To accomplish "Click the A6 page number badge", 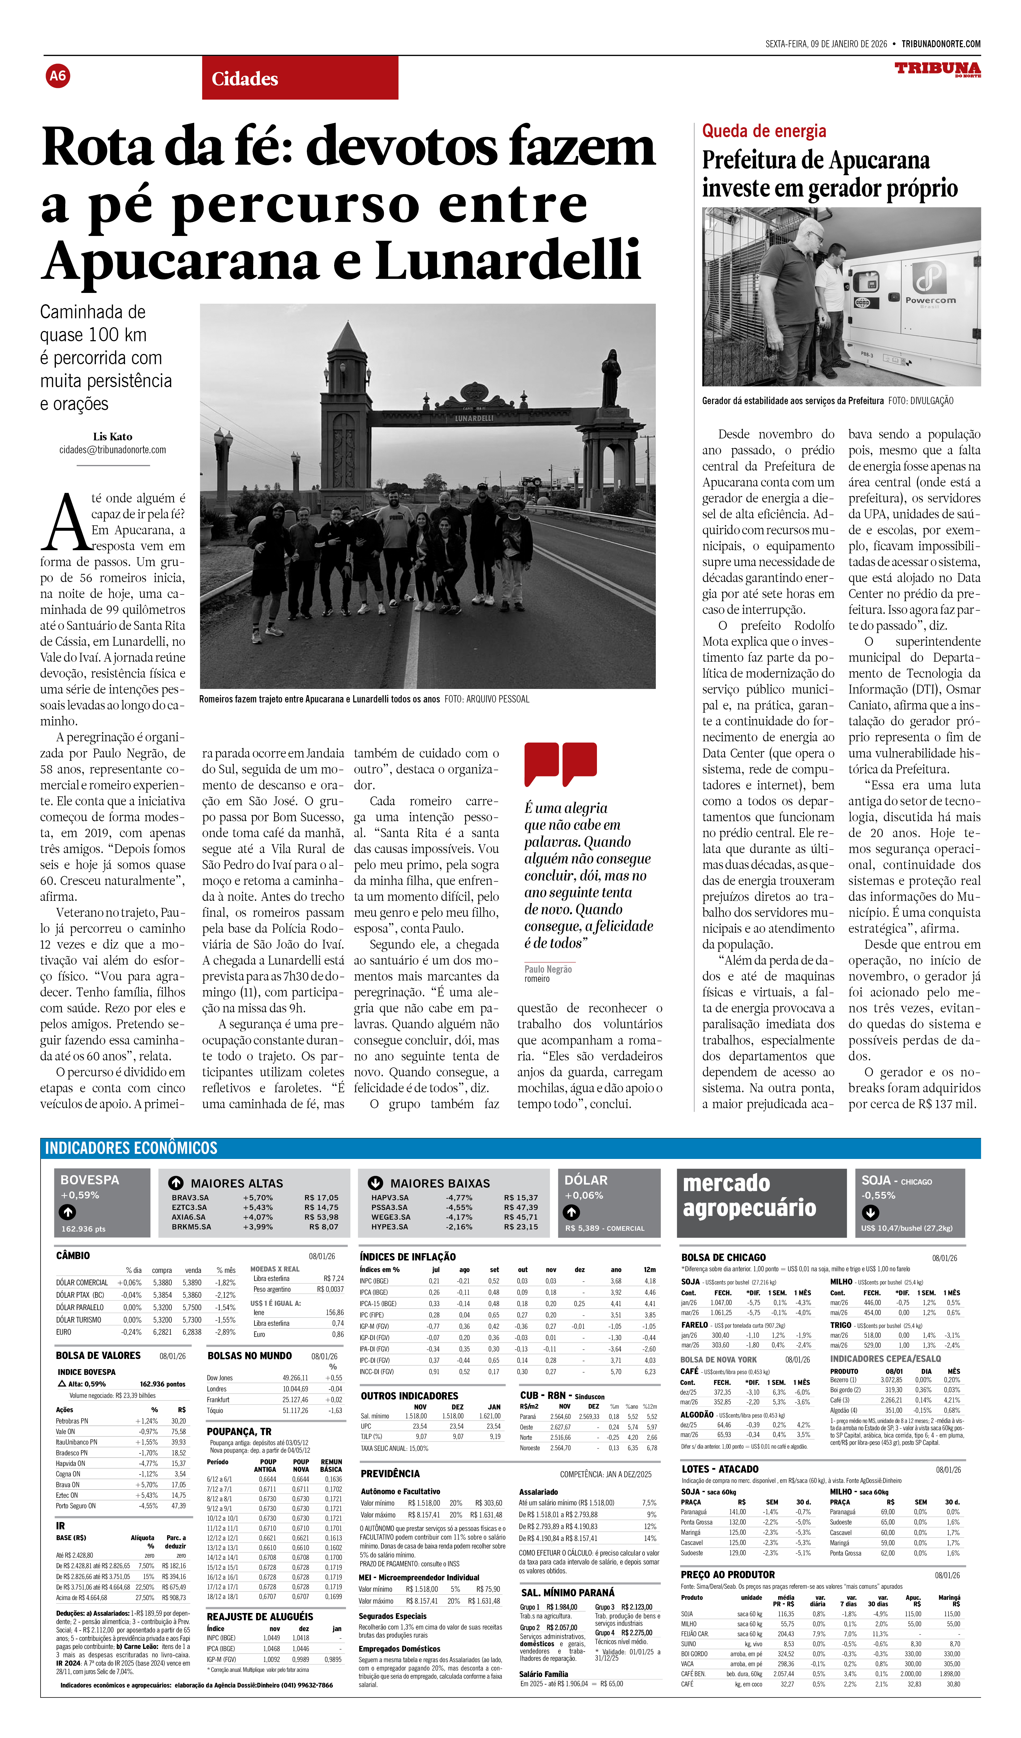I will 58,76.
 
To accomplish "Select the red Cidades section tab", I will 300,79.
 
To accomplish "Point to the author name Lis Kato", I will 112,437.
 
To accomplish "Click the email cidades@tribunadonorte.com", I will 112,450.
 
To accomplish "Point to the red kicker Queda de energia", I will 764,131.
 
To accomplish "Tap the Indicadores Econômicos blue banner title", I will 131,1148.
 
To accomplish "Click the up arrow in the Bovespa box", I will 68,1212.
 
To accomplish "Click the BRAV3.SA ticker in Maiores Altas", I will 190,1198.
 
